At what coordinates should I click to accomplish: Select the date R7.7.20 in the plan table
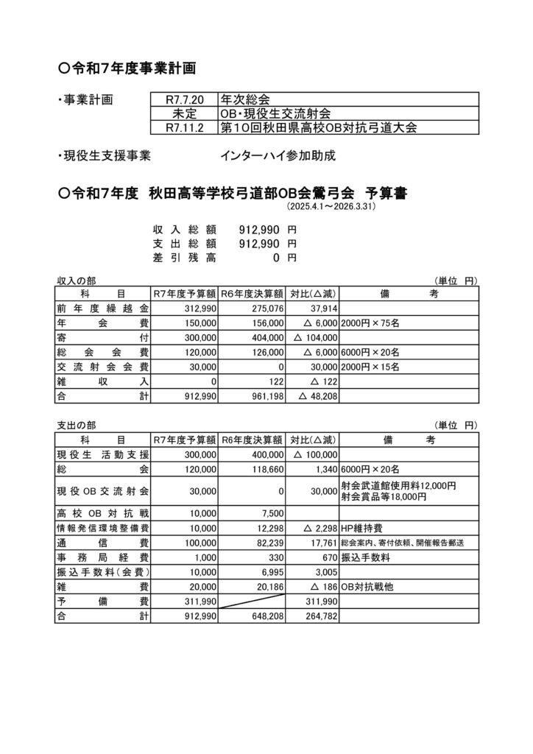[183, 98]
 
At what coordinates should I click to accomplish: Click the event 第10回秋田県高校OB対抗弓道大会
[319, 127]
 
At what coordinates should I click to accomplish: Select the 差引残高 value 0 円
[284, 258]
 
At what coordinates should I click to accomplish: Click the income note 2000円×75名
[370, 323]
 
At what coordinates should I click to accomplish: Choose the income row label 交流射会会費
[103, 367]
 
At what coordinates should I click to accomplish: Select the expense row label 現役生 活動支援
[103, 455]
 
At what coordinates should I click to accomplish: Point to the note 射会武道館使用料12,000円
[399, 485]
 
